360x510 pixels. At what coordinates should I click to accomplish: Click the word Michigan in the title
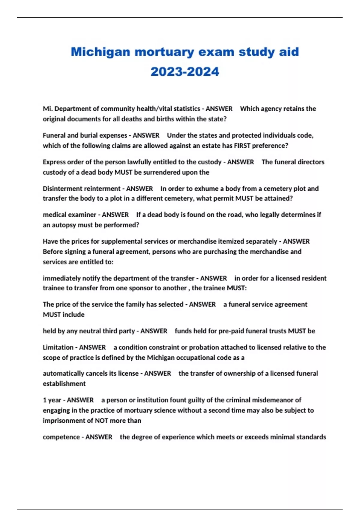point(100,52)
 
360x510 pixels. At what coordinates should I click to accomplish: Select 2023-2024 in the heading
point(185,72)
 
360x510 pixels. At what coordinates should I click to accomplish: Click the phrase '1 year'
point(52,400)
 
